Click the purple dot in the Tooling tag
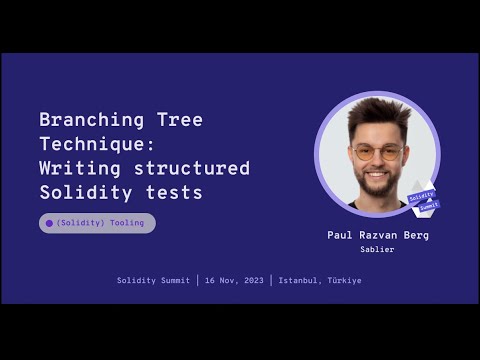point(49,223)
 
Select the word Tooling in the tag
point(127,223)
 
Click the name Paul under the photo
point(341,236)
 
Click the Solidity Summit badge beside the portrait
point(424,197)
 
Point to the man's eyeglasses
point(377,152)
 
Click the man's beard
point(378,183)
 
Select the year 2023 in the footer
point(252,281)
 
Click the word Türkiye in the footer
point(344,281)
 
